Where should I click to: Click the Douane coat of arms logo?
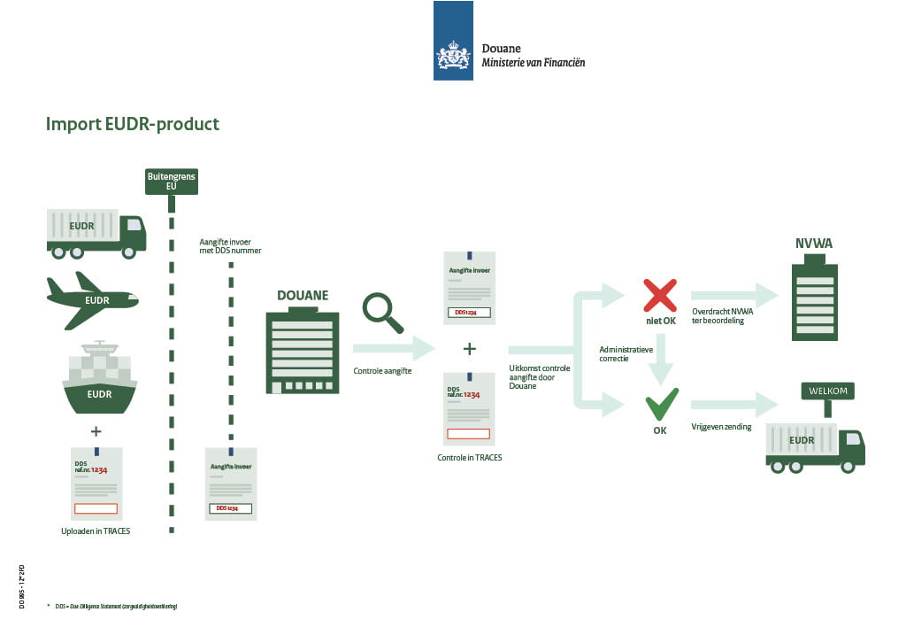453,57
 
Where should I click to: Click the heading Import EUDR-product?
132,124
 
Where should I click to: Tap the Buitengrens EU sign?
171,182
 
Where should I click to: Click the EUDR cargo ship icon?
100,378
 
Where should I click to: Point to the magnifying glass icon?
381,313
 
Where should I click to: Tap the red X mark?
659,295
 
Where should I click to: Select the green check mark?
660,405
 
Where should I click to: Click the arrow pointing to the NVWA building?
733,296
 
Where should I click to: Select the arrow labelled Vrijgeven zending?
733,405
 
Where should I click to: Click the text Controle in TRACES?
470,458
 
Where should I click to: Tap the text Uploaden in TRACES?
96,530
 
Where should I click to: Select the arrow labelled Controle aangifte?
394,349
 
